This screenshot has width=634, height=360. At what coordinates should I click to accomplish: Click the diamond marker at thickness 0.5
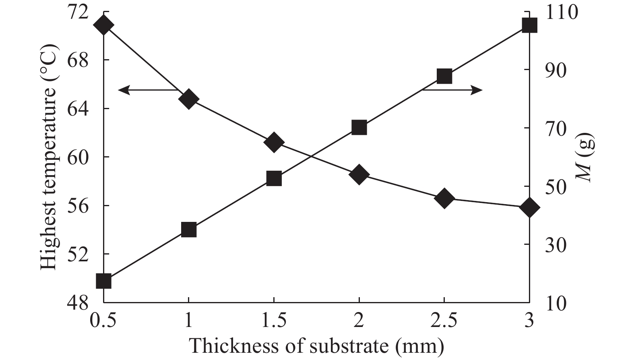pos(103,25)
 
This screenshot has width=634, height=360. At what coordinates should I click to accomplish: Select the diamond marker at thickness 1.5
pos(274,143)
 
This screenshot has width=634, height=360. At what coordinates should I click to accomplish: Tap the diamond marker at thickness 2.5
pos(444,199)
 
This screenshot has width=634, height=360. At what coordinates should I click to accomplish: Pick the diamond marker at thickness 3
pos(529,207)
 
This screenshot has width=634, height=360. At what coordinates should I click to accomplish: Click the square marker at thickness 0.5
pos(103,281)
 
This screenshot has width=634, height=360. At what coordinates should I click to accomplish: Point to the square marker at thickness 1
pos(189,230)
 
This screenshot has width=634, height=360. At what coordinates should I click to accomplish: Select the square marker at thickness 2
pos(359,128)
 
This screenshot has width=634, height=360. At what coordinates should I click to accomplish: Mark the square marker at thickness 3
pos(529,25)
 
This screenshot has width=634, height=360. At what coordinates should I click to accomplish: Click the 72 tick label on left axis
pos(78,12)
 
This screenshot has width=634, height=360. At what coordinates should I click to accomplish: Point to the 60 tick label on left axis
pos(78,157)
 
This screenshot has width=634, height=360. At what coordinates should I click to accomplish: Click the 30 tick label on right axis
pos(556,244)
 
